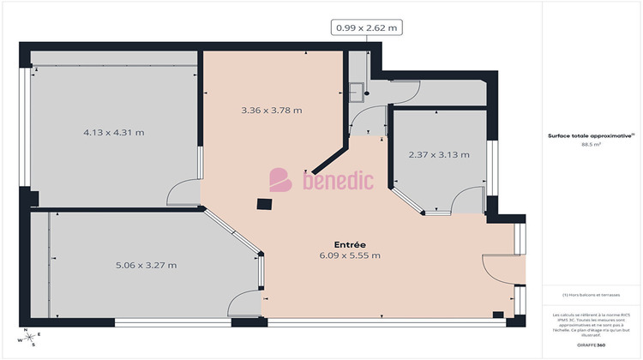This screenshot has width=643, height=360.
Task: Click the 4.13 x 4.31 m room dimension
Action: coord(114,133)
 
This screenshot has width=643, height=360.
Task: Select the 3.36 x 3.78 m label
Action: coord(272,111)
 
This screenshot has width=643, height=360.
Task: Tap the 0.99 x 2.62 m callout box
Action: coord(367,27)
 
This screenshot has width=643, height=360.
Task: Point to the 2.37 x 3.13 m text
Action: coord(439,155)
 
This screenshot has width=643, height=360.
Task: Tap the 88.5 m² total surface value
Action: coord(591,145)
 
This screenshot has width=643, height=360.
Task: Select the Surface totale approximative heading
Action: coord(591,135)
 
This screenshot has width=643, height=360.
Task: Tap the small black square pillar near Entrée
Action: coord(266,204)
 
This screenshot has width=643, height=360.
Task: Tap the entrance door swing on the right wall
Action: coord(500,267)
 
